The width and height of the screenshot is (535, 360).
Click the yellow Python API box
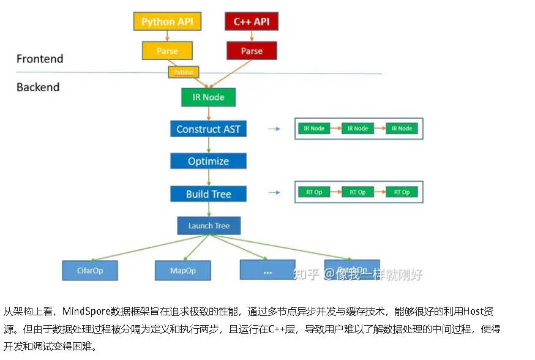167,21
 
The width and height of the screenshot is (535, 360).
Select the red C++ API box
252,21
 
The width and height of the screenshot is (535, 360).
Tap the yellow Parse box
167,51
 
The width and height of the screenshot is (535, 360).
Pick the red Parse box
252,51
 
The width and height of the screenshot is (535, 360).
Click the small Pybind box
184,72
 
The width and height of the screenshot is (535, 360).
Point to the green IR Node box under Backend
209,97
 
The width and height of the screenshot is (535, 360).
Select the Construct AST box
208,129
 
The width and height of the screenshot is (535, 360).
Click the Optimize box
208,161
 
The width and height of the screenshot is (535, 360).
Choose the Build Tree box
208,194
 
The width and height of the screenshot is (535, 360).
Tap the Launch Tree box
209,225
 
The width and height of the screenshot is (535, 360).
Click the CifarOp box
89,270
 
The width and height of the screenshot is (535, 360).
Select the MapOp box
183,270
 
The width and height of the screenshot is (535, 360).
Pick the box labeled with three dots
267,270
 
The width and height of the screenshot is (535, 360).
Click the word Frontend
40,59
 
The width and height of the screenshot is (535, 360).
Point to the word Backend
38,87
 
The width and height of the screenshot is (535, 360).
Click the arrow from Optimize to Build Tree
209,178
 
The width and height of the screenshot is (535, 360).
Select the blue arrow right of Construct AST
274,129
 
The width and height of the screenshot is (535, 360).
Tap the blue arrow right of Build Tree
274,193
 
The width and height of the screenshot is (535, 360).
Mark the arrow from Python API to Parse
167,36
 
